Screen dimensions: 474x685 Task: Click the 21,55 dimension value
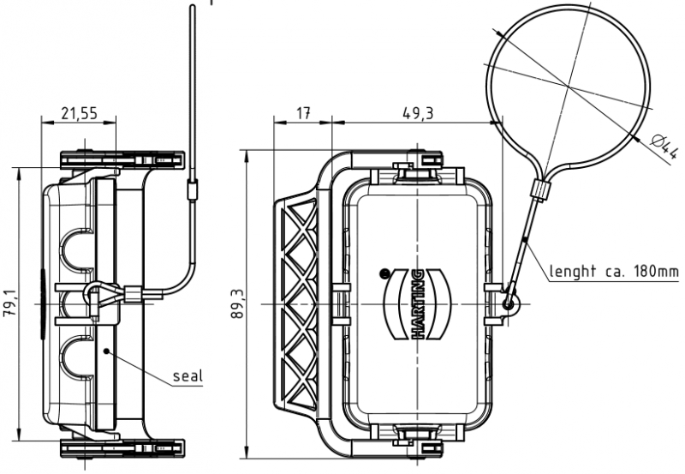pos(78,113)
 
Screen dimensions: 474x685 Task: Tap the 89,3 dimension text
pos(239,303)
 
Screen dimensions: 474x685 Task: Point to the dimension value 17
pos(302,113)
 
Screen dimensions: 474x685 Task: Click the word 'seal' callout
pos(187,375)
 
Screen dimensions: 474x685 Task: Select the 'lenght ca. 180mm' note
pos(614,272)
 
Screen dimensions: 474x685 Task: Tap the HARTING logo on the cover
pos(419,303)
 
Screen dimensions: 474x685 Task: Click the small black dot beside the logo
pos(384,273)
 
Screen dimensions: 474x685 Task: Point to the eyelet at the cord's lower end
pos(509,302)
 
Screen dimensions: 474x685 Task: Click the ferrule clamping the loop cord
pos(539,188)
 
